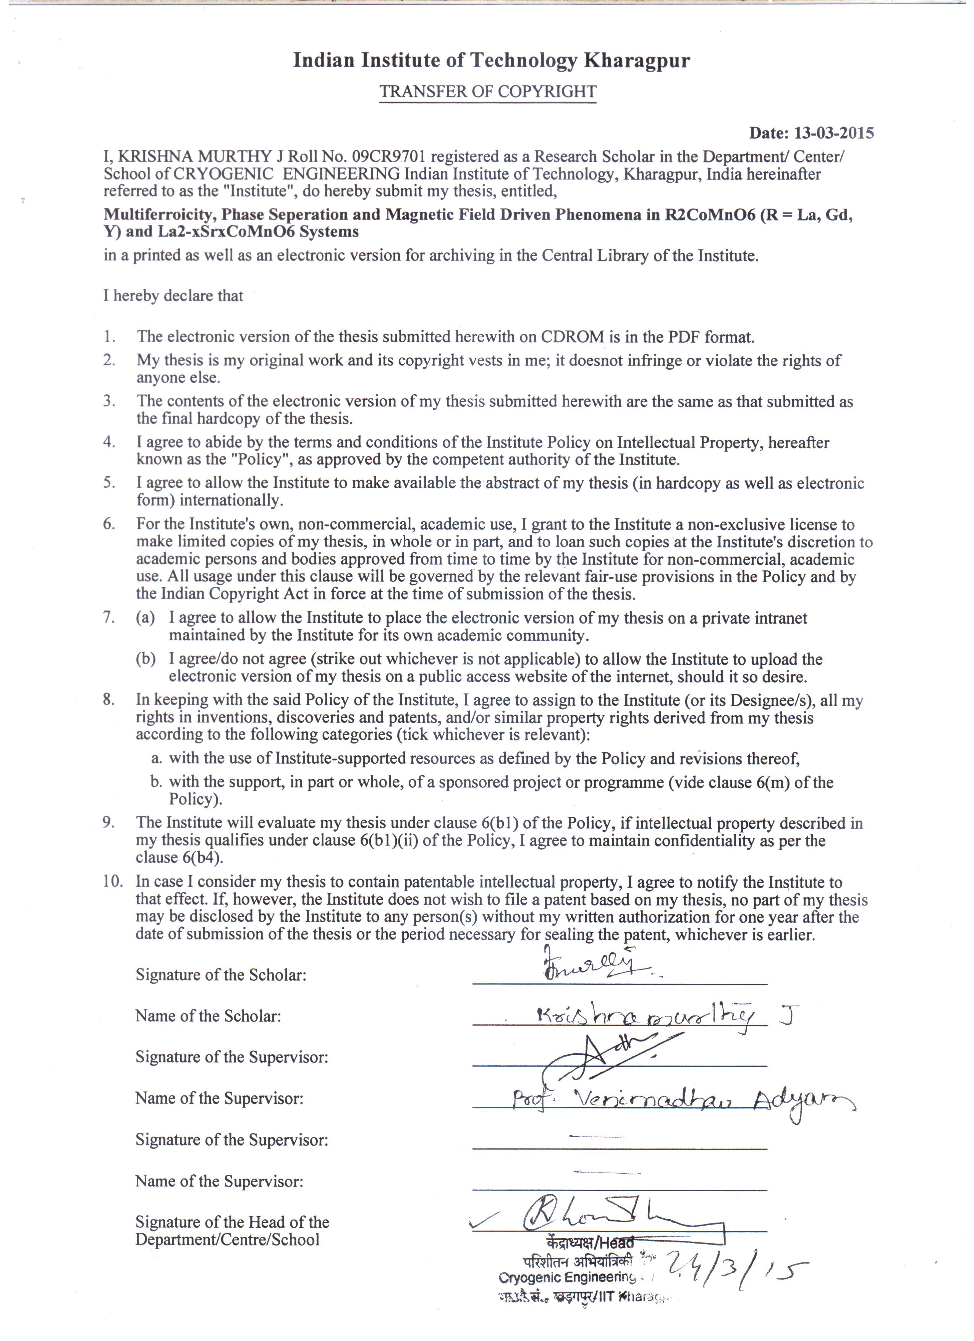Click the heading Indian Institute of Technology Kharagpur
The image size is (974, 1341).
[491, 61]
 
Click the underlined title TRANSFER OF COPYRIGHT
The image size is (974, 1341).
[488, 92]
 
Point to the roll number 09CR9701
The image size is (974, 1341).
[391, 157]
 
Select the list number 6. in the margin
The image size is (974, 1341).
[109, 524]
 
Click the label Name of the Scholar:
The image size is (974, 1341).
[208, 1016]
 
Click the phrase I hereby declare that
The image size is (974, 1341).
[173, 296]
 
